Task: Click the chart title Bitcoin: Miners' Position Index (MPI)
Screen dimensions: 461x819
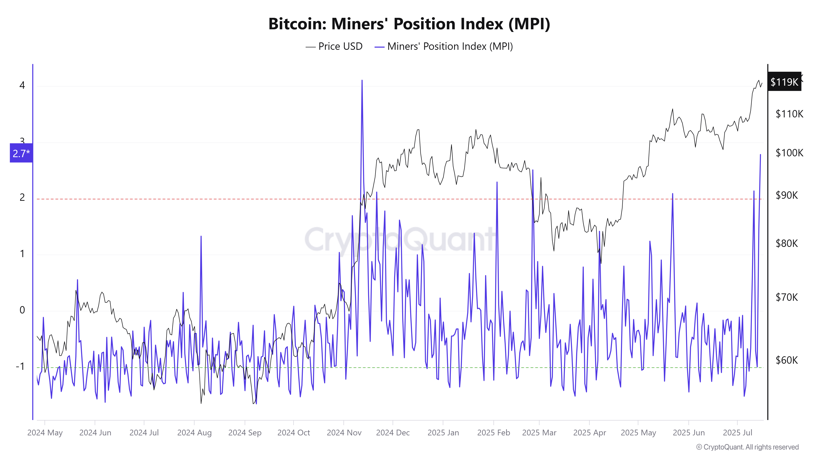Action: [x=409, y=24]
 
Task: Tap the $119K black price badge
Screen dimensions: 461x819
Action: [x=784, y=82]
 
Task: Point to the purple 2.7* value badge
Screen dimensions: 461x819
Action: [x=21, y=153]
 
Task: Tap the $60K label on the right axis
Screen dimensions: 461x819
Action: [x=787, y=360]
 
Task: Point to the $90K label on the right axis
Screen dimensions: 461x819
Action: [x=787, y=195]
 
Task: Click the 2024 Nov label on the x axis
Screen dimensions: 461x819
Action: [x=344, y=433]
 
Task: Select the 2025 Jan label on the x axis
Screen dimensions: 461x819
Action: [x=443, y=433]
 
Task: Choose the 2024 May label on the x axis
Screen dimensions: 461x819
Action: [x=45, y=433]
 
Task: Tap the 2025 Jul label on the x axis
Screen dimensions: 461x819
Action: [x=738, y=433]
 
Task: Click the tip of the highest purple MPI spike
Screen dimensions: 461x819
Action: [x=362, y=81]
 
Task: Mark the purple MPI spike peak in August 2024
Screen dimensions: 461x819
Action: [x=201, y=236]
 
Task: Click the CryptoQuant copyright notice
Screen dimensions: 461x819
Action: [x=747, y=447]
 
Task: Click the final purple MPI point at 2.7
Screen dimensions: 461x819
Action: [x=760, y=155]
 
